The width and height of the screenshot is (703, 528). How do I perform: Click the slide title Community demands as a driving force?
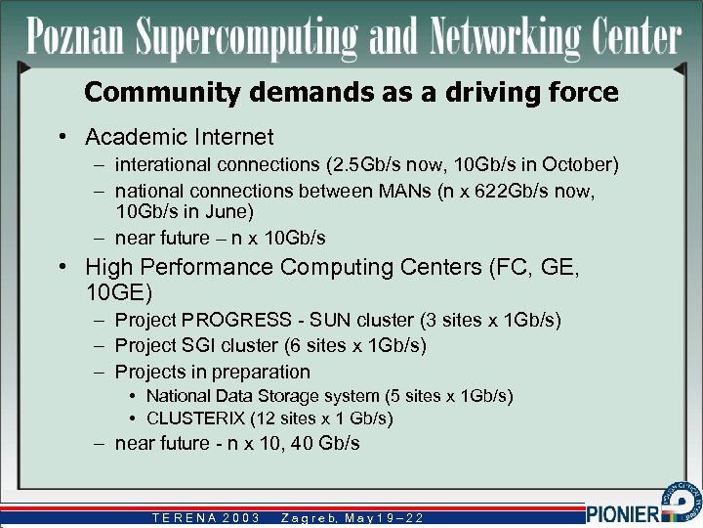click(x=351, y=93)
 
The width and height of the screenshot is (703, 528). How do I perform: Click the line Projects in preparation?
click(x=212, y=372)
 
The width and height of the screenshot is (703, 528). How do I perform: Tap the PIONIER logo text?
click(x=625, y=512)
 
